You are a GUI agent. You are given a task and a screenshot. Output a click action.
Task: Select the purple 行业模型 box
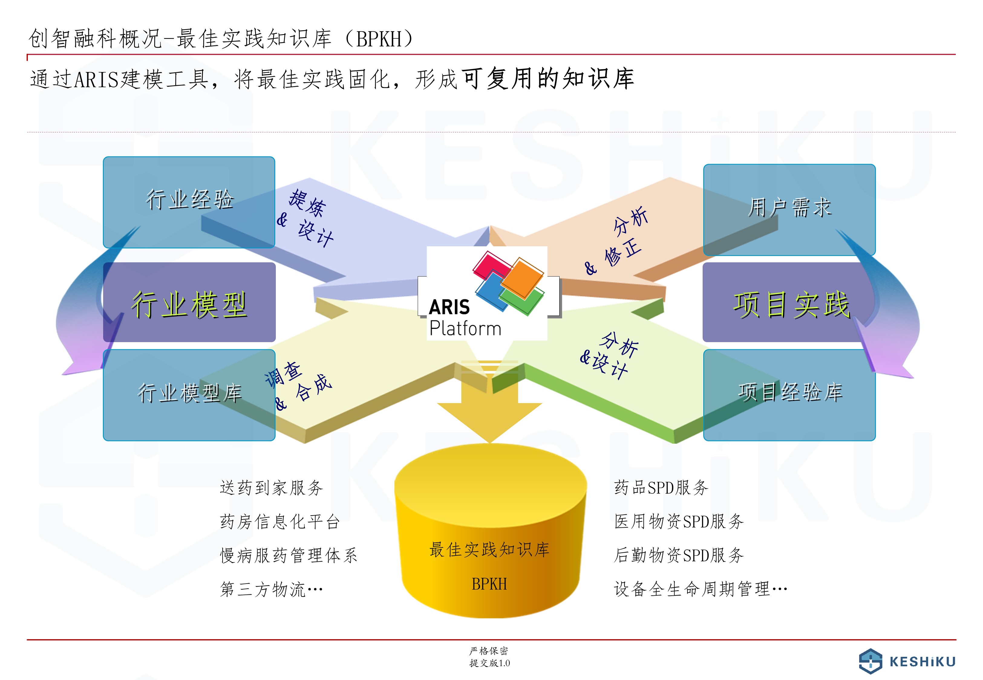[189, 302]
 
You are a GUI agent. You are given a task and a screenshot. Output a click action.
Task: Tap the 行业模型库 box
[189, 395]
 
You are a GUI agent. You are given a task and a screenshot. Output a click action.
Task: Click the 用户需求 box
[789, 210]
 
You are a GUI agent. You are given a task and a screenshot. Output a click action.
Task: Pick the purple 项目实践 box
[789, 302]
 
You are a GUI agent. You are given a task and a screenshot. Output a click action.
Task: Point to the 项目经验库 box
[789, 395]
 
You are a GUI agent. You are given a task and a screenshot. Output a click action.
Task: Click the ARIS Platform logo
[487, 293]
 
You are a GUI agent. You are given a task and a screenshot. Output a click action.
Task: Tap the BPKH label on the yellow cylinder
[489, 584]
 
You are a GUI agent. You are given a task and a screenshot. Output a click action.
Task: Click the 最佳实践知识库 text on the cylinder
[489, 550]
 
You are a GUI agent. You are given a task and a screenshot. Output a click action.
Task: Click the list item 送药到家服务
[272, 487]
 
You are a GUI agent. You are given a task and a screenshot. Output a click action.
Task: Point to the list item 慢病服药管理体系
[289, 555]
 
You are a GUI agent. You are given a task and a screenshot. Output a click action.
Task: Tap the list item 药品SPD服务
[661, 487]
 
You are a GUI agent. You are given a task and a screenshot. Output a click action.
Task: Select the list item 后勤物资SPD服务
[679, 555]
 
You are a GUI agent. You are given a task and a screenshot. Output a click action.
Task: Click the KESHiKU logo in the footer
[907, 661]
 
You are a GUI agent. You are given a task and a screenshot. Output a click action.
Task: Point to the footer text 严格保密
[489, 651]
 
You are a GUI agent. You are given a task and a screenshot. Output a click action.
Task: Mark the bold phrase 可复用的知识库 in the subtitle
[548, 79]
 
